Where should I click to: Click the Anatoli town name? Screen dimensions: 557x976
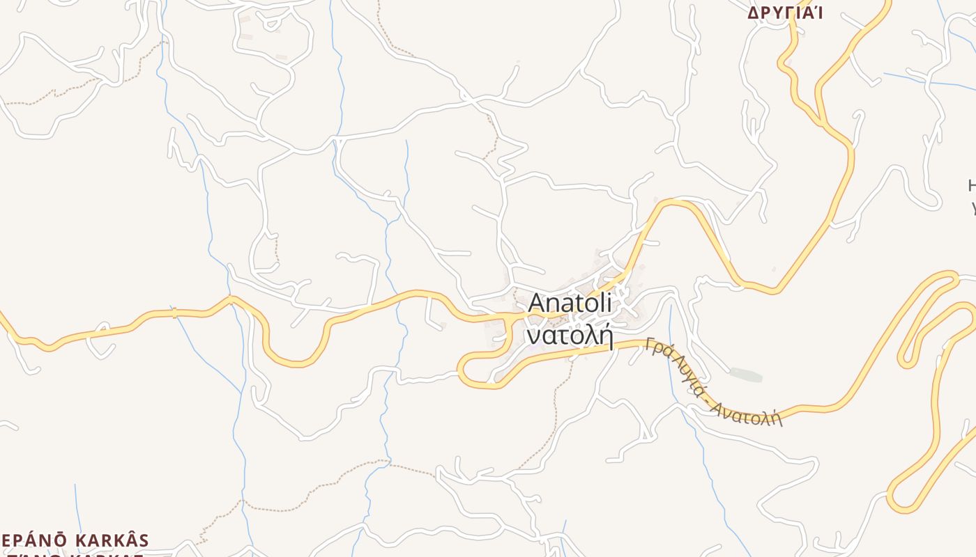[x=570, y=303]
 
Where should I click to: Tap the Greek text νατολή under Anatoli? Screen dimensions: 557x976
[x=570, y=336]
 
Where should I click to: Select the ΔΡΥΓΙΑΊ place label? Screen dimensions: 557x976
[x=785, y=13]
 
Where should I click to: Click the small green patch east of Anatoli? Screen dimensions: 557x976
[x=745, y=375]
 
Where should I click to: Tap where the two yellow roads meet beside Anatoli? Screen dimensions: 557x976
[x=516, y=317]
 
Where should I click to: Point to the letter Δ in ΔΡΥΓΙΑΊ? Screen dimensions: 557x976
[x=753, y=13]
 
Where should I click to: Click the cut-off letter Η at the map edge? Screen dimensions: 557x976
[x=972, y=186]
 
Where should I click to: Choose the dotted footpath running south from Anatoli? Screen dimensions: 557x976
[x=554, y=418]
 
